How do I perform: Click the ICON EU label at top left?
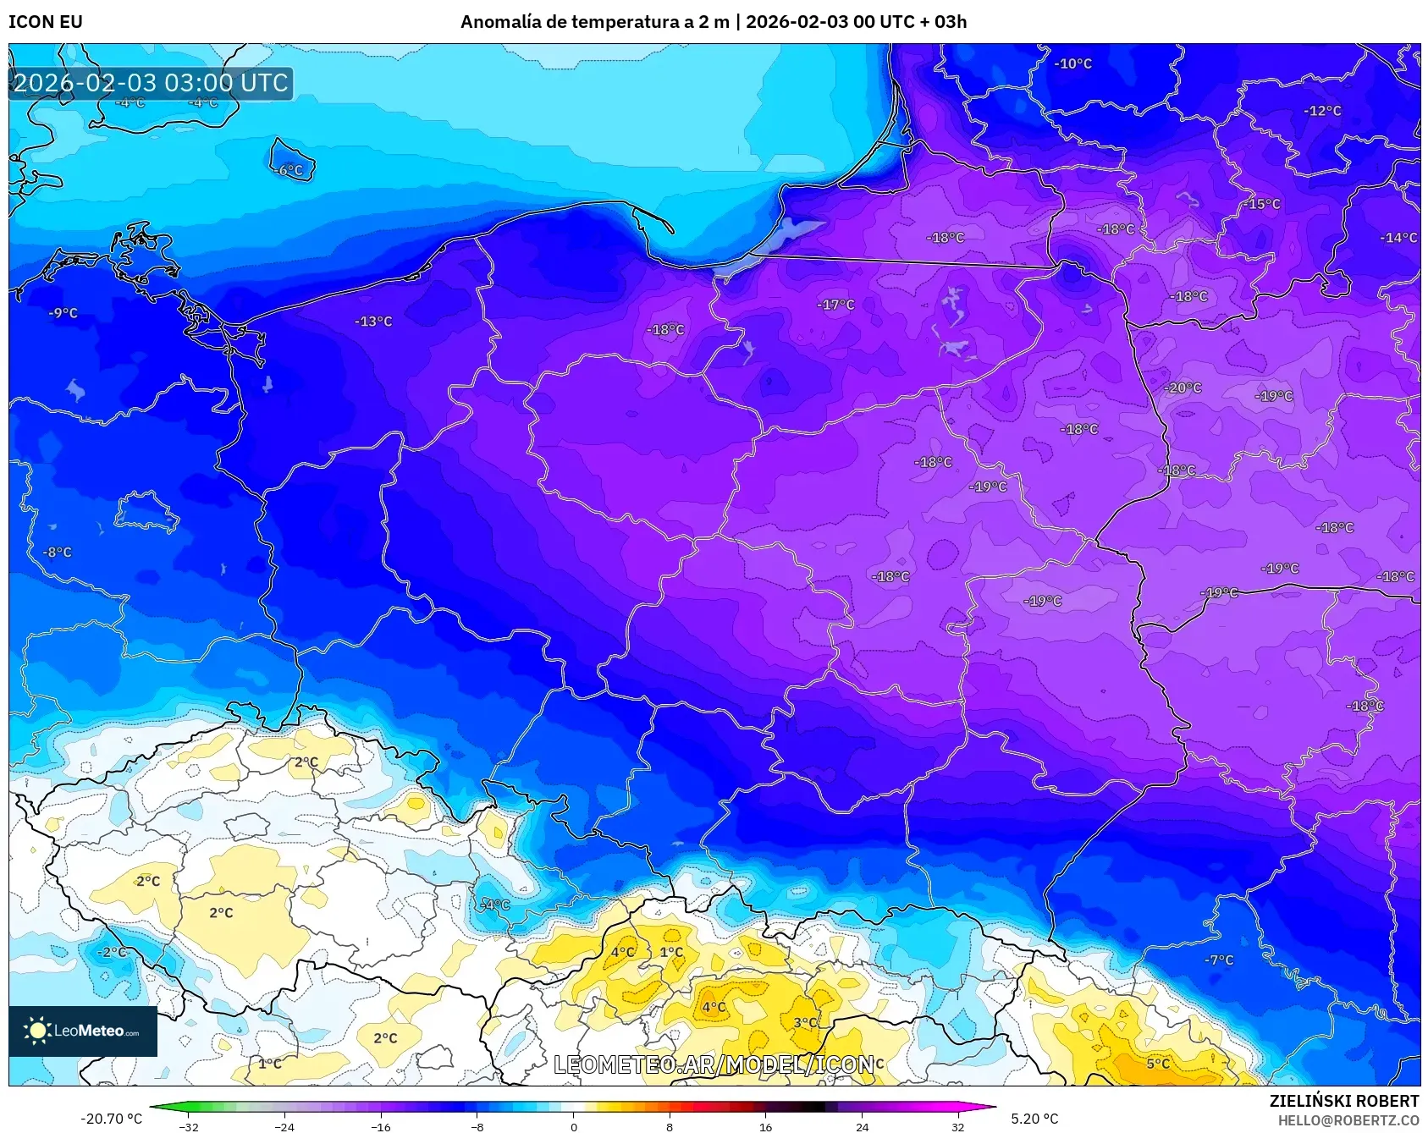point(46,22)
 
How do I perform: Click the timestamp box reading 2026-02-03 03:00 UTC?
point(151,83)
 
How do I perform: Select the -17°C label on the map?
point(835,305)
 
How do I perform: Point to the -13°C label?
point(373,322)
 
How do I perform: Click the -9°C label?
point(63,313)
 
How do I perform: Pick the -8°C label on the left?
point(58,553)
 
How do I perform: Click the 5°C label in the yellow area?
point(1158,1064)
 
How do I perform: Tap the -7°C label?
point(1219,960)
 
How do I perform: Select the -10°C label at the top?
point(1072,63)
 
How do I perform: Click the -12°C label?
point(1322,111)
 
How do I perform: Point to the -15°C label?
point(1261,204)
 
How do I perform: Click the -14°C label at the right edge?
point(1398,238)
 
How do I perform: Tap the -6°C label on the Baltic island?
point(289,170)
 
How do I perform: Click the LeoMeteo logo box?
point(83,1031)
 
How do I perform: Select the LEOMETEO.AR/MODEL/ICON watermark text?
point(714,1064)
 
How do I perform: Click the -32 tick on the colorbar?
point(189,1127)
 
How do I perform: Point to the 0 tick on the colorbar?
point(573,1127)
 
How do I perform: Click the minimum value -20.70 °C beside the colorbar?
point(111,1119)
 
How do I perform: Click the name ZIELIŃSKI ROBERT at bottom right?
point(1343,1101)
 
